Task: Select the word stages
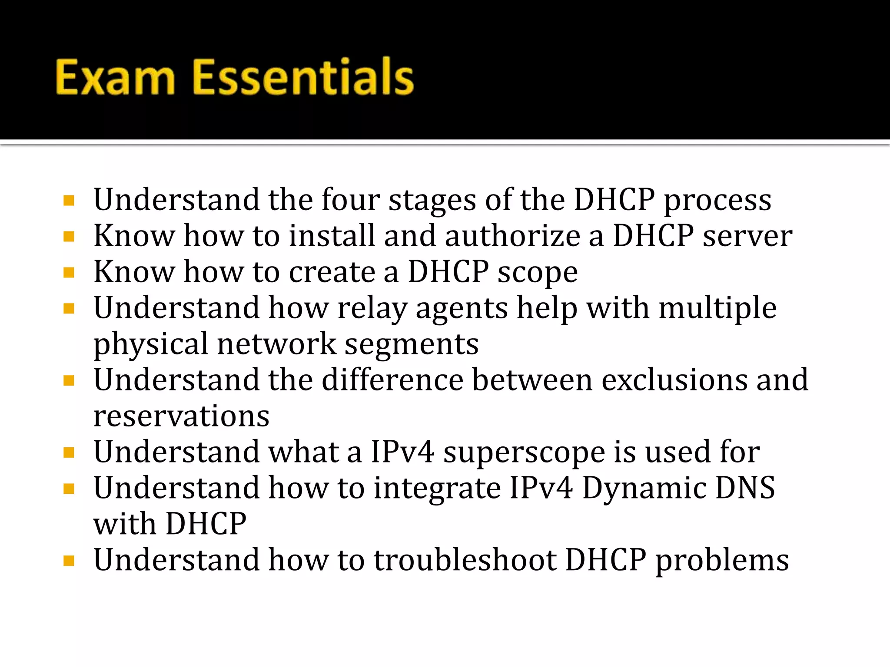[x=432, y=201]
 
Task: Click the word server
[x=747, y=237]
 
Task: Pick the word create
[x=332, y=272]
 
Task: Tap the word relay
[x=372, y=309]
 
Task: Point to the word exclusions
[x=674, y=380]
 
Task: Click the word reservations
[x=182, y=416]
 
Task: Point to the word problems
[x=722, y=561]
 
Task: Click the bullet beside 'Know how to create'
[x=69, y=273]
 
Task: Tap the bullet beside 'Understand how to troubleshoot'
[x=69, y=561]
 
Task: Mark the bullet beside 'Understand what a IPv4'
[x=69, y=453]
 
